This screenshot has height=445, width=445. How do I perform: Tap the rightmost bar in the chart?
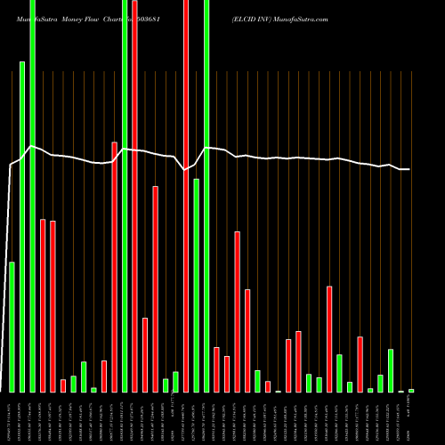pyautogui.click(x=411, y=391)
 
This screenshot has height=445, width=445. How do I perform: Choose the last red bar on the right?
pyautogui.click(x=360, y=364)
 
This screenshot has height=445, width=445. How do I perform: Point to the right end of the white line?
pyautogui.click(x=409, y=169)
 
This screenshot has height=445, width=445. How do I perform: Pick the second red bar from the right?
pyautogui.click(x=329, y=339)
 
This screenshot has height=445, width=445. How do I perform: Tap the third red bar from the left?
pyautogui.click(x=63, y=385)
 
